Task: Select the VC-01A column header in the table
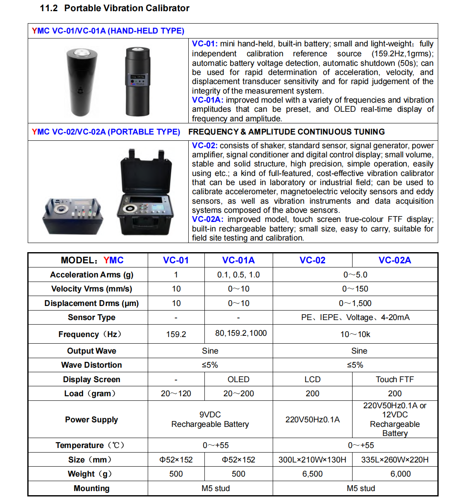click(x=238, y=260)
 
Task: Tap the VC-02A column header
click(x=395, y=260)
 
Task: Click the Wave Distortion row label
click(x=91, y=365)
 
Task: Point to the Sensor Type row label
click(x=91, y=318)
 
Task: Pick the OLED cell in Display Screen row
click(x=238, y=380)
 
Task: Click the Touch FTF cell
click(x=395, y=380)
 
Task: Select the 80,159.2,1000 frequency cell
click(x=241, y=333)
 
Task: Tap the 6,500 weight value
click(x=312, y=474)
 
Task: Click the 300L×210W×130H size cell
click(x=312, y=460)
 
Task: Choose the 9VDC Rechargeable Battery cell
click(x=210, y=419)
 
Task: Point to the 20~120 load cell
click(x=176, y=394)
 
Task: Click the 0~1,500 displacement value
click(x=355, y=303)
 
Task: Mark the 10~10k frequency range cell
click(x=355, y=334)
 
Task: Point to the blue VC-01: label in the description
click(x=204, y=44)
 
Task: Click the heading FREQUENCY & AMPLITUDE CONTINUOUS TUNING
click(x=286, y=132)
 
